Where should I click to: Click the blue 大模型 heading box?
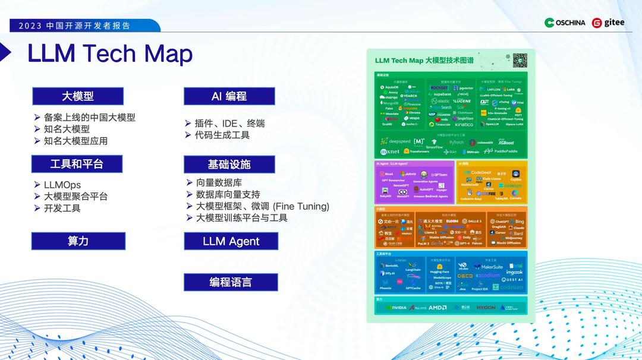click(78, 96)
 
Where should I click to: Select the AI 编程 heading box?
click(229, 96)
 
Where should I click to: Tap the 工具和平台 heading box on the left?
click(77, 164)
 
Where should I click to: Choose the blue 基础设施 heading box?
click(229, 165)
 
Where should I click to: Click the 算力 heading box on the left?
click(78, 241)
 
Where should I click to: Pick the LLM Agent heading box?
click(231, 241)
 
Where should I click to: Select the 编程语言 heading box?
click(231, 282)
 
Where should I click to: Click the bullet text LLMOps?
click(62, 185)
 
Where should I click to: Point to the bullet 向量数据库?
click(219, 183)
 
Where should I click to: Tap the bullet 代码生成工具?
click(222, 135)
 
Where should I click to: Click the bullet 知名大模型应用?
click(75, 141)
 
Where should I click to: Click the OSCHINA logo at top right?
click(565, 23)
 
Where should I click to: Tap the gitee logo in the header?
click(609, 23)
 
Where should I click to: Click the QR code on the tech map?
click(520, 60)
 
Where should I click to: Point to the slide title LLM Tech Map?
click(110, 53)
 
